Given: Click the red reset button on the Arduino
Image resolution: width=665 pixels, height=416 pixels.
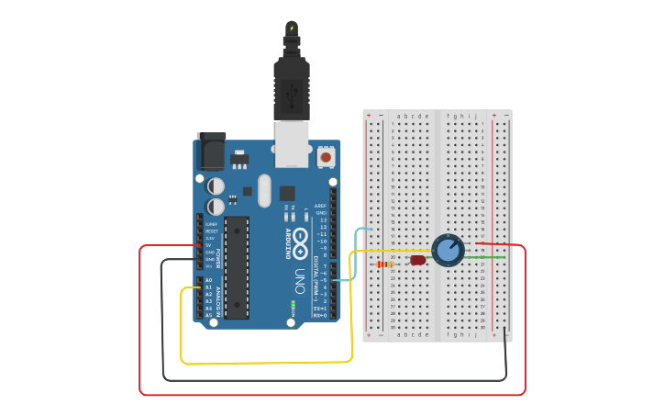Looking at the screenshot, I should [x=325, y=158].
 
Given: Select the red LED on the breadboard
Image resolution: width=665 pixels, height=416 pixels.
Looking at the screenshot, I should [x=417, y=260].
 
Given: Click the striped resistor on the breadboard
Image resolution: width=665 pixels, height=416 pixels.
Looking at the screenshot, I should [x=385, y=264].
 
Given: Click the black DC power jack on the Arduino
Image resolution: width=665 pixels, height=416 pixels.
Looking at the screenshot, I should [x=211, y=151].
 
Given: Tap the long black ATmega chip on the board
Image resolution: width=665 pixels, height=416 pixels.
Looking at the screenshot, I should [x=237, y=267].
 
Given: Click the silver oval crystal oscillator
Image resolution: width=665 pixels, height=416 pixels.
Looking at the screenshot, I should [x=264, y=191].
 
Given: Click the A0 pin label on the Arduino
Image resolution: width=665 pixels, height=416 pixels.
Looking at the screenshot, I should [x=209, y=280].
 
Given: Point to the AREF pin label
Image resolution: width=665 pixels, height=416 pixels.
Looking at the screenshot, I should [x=320, y=206].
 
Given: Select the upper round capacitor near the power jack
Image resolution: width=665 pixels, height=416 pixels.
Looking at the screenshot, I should [x=216, y=186].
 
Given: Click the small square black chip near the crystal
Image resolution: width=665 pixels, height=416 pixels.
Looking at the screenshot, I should [x=287, y=193].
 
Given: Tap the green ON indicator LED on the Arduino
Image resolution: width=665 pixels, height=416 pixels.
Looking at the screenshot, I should [x=293, y=304].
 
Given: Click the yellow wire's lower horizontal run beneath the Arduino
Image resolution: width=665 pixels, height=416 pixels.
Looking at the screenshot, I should [x=266, y=362].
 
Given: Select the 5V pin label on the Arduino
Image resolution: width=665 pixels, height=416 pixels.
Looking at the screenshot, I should [x=210, y=245].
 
